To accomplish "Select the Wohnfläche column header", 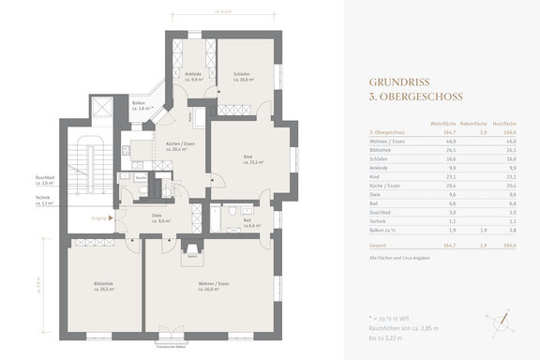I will [x=443, y=123].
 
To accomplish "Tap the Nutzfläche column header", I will [x=506, y=123].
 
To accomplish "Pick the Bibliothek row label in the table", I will [x=382, y=148].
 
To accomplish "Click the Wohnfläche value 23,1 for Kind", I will [x=450, y=173].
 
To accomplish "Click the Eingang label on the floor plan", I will [x=97, y=217].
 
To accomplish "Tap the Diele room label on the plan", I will [x=157, y=217].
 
